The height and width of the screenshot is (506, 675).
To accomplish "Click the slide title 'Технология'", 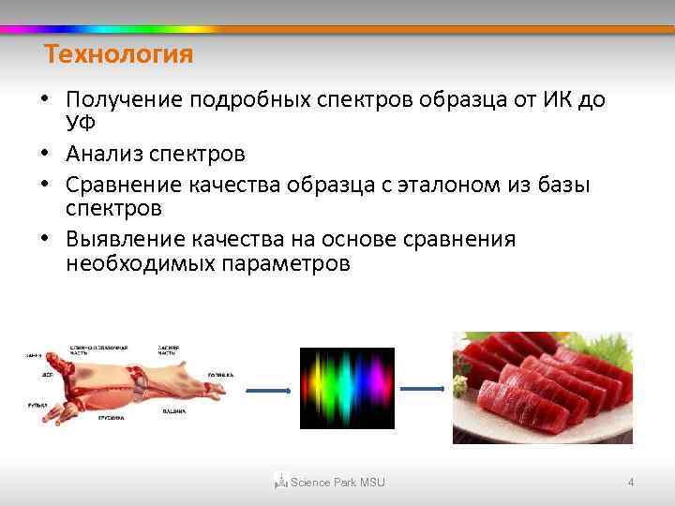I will tap(119, 55).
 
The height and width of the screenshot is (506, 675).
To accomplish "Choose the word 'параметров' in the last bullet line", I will tap(286, 263).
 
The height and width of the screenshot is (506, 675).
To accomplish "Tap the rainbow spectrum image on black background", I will tap(347, 387).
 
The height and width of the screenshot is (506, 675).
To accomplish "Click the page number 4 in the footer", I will tap(631, 483).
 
